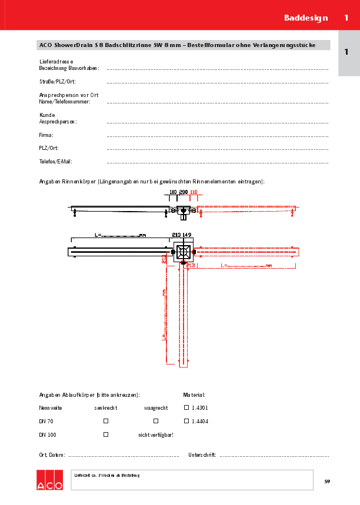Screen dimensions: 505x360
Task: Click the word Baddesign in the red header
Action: tap(306, 18)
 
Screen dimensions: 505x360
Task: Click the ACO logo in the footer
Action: tap(49, 480)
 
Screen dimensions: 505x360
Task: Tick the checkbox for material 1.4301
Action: tap(186, 407)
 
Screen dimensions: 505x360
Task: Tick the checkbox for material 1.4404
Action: tap(186, 421)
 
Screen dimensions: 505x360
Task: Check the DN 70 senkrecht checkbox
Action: tap(106, 421)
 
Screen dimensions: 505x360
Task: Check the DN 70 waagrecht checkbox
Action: tap(156, 421)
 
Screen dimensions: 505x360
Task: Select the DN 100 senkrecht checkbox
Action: tap(106, 434)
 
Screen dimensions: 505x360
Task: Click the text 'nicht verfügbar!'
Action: tap(156, 435)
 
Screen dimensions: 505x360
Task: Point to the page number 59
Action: tap(327, 482)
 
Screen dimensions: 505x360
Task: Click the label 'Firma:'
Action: tap(46, 135)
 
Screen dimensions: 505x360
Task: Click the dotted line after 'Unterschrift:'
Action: tap(274, 456)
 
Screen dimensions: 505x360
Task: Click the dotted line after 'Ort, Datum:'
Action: tap(124, 456)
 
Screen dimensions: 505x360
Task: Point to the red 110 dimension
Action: tap(194, 192)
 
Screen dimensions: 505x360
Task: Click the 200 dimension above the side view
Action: tap(183, 192)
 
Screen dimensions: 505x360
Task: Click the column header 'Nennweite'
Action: tap(51, 407)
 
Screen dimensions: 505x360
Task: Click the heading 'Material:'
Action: tap(194, 395)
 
